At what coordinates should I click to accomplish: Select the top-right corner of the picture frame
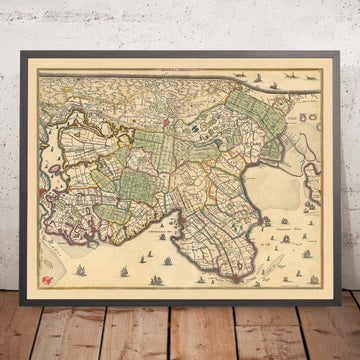[x=347, y=42]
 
